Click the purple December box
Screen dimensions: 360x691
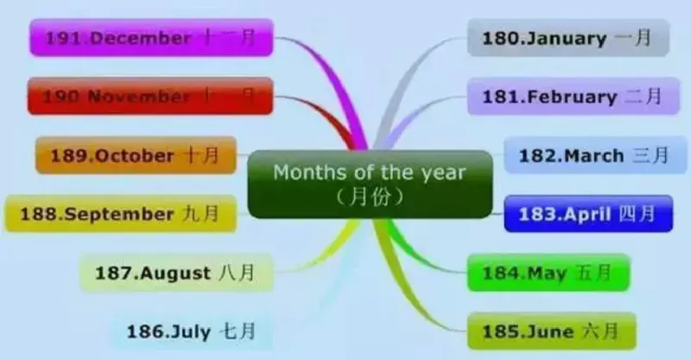151,38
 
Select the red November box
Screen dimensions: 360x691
151,96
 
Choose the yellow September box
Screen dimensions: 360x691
120,213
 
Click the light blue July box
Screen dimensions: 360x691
189,330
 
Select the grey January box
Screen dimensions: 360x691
567,38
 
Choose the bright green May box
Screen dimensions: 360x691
548,273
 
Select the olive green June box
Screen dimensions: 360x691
550,330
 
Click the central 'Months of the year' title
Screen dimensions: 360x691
370,172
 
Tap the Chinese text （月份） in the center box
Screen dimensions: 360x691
369,197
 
